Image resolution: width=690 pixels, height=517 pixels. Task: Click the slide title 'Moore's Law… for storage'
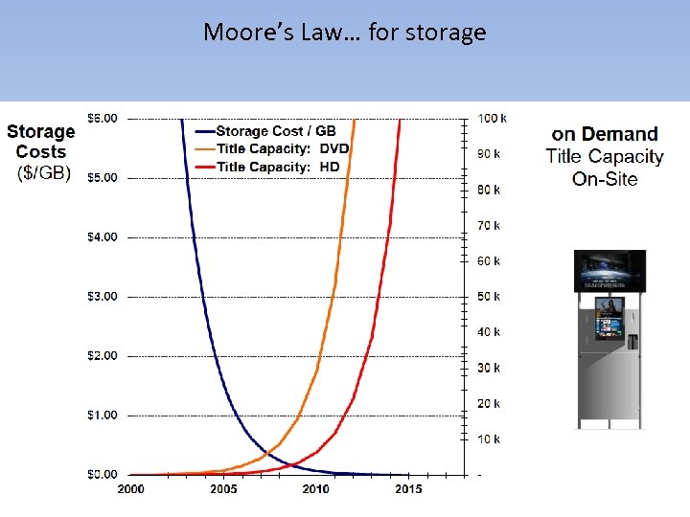344,33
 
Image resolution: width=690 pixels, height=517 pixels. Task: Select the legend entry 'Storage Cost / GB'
276,131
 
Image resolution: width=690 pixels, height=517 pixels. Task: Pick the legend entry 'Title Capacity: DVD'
282,148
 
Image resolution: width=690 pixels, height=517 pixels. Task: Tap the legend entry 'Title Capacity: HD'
278,167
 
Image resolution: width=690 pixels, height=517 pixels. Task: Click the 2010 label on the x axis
315,489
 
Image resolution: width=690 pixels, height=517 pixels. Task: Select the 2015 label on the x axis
408,489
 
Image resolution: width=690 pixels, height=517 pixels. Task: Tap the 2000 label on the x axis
130,489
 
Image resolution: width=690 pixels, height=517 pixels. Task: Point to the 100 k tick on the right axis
493,118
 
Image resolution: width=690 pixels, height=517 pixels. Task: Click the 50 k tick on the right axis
490,297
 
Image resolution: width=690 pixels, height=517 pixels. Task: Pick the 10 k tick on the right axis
490,439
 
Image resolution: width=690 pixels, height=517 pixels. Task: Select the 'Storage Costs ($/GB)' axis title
41,151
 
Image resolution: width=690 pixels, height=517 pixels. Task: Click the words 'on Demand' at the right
605,134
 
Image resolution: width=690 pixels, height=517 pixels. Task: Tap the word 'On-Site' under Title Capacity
605,179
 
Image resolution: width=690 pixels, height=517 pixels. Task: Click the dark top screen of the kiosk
609,270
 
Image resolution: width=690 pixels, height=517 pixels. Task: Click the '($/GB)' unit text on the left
44,172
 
